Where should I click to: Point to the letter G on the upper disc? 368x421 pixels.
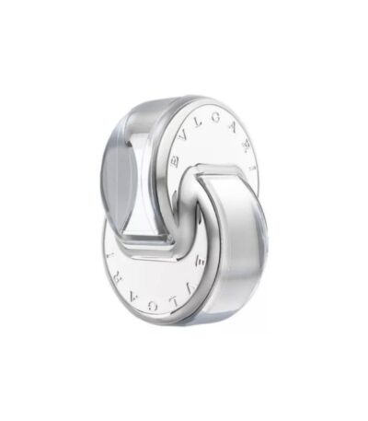click(216, 120)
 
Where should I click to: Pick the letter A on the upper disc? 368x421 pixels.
click(233, 128)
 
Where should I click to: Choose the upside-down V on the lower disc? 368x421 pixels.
click(188, 287)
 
